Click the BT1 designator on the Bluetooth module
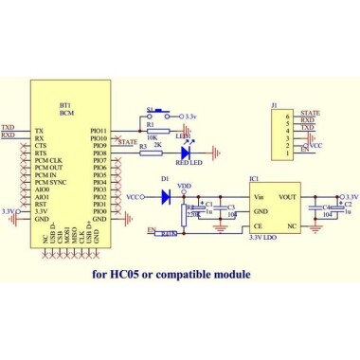tap(65, 103)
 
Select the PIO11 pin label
tap(99, 131)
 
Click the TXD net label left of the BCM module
tap(8, 126)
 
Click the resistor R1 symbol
tap(157, 130)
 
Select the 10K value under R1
tap(153, 138)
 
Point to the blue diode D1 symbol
tap(166, 197)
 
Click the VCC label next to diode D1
tap(134, 197)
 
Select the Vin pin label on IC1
tap(259, 197)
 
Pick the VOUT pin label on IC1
tap(289, 197)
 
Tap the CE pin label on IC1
tap(258, 227)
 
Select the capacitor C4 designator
tap(328, 206)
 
